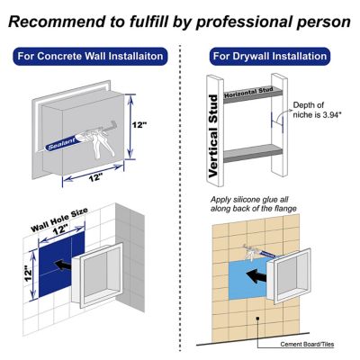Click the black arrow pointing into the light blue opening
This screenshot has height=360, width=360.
[x=260, y=275]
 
